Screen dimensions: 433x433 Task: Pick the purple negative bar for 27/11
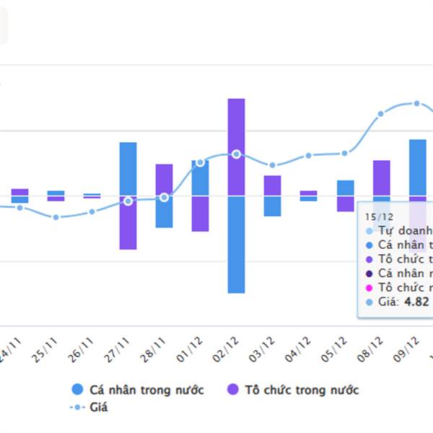pyautogui.click(x=128, y=223)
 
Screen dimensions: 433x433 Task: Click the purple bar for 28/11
pyautogui.click(x=165, y=180)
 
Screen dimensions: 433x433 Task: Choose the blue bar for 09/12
pyautogui.click(x=418, y=167)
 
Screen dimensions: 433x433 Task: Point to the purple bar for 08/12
pyautogui.click(x=381, y=178)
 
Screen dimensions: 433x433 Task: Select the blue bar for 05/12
pyautogui.click(x=346, y=188)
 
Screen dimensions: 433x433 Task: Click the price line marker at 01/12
pyautogui.click(x=200, y=162)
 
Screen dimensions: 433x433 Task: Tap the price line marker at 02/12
pyautogui.click(x=237, y=154)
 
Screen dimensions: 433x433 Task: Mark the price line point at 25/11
pyautogui.click(x=56, y=217)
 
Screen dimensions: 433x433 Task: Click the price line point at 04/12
pyautogui.click(x=309, y=155)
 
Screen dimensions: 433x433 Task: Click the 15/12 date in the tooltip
pyautogui.click(x=379, y=216)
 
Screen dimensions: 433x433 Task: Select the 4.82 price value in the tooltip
pyautogui.click(x=416, y=302)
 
